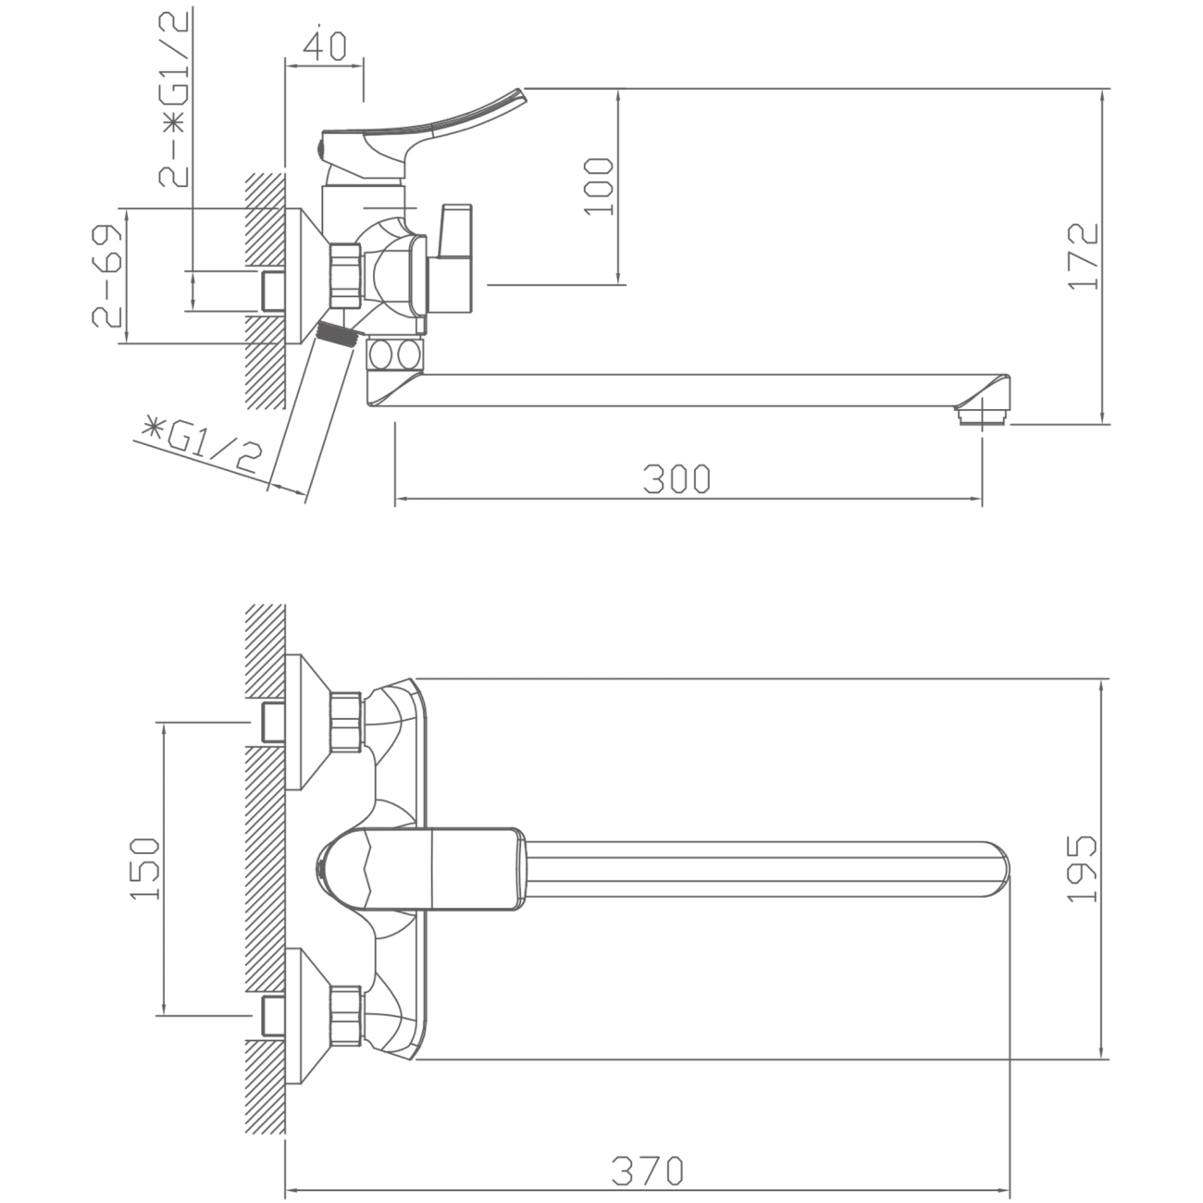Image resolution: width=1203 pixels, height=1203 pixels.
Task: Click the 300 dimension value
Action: tap(676, 478)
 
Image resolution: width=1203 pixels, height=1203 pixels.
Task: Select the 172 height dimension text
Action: tap(1083, 256)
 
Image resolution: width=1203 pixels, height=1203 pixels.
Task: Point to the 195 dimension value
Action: tap(1082, 868)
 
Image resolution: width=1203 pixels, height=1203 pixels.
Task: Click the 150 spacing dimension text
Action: tap(145, 868)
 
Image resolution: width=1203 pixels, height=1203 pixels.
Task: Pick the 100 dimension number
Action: tap(599, 186)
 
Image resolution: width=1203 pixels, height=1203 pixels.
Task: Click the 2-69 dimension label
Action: tap(106, 276)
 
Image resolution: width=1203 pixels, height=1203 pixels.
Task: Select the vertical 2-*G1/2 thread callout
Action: tap(173, 99)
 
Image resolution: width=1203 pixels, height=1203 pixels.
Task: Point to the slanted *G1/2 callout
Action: tap(201, 448)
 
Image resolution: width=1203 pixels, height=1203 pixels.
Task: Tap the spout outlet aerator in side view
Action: tap(982, 415)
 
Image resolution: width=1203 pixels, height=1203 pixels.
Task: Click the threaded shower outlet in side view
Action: tap(338, 335)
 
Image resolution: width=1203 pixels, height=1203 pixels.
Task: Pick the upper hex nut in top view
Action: tap(346, 721)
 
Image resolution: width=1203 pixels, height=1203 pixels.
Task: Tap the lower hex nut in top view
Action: tap(346, 1016)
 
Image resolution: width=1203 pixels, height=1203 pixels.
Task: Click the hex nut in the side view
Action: tap(346, 276)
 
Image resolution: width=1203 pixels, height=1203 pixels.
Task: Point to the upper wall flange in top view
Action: tap(306, 723)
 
